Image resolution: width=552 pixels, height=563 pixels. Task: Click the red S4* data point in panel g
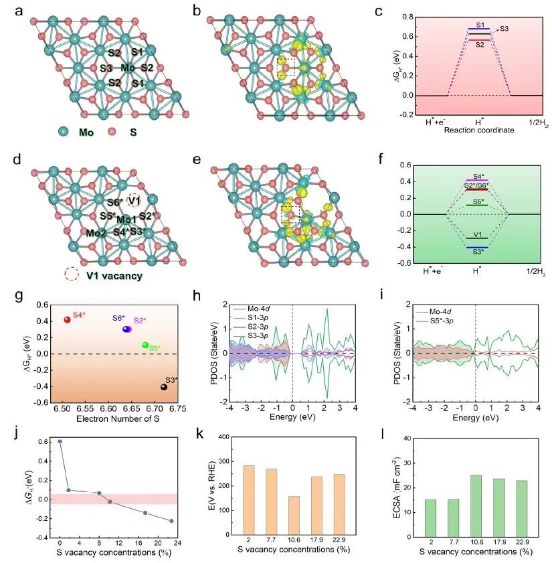tap(67, 319)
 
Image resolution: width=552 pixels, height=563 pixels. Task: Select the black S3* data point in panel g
tap(164, 387)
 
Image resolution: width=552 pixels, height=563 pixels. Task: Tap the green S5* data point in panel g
tap(145, 345)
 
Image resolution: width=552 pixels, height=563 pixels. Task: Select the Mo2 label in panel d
tap(95, 233)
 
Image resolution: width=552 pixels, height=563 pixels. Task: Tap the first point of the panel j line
tap(60, 441)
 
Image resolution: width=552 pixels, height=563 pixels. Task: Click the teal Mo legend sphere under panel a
tap(64, 132)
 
